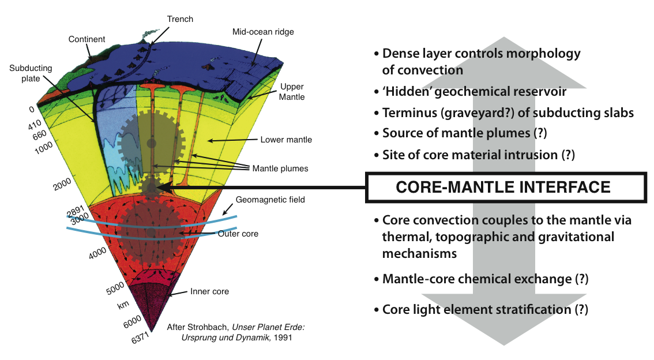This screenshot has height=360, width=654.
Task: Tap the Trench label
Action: coord(180,19)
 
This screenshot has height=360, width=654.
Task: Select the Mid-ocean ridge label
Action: coord(262,32)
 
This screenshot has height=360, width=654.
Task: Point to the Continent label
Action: coord(87,39)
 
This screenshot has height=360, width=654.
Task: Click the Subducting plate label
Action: coord(31,73)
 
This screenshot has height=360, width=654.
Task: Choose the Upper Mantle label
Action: coord(292,92)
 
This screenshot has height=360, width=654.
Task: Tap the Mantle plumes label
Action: coord(280,169)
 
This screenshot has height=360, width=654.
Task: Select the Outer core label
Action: coord(238,234)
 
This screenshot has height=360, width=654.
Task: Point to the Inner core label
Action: coord(209,291)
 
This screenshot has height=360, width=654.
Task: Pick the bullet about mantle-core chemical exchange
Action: coord(485,279)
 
